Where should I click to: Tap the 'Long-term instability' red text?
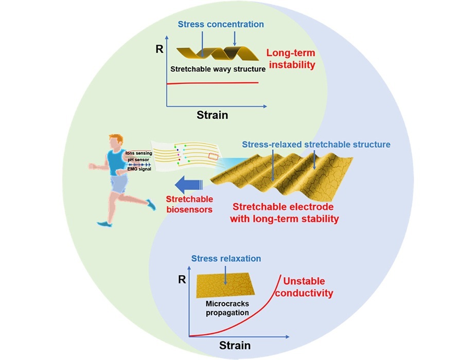click(x=291, y=59)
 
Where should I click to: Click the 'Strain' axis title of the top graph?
click(x=212, y=115)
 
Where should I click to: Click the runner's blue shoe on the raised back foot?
click(x=151, y=204)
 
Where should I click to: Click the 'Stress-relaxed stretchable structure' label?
click(x=316, y=145)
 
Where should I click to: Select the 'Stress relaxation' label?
click(x=226, y=258)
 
